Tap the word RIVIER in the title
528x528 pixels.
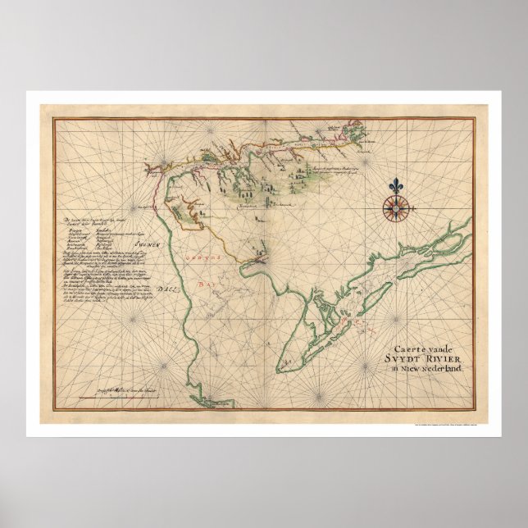pos(440,356)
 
